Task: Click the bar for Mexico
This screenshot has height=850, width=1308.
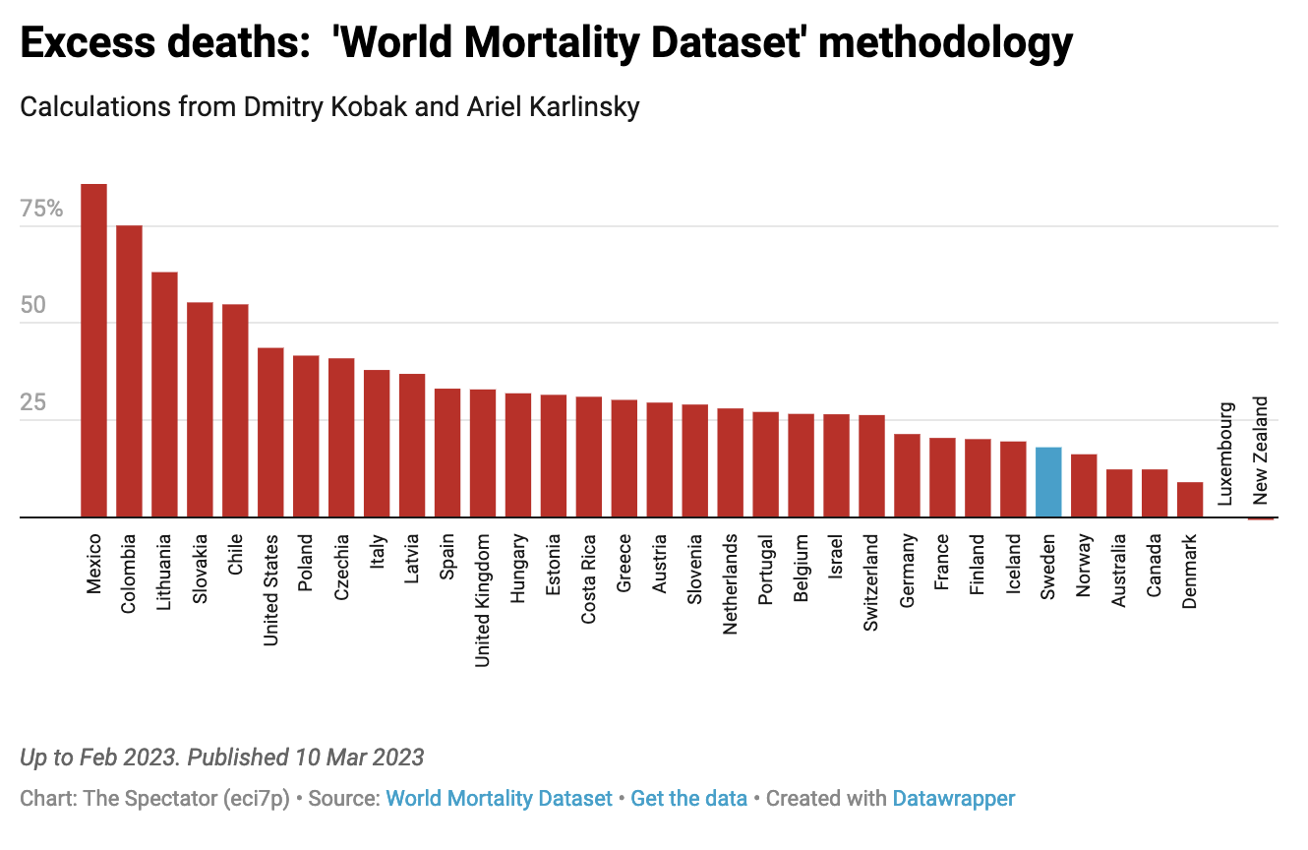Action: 93,350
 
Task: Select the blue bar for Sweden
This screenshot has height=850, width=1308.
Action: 1048,482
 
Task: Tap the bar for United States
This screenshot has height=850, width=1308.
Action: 270,432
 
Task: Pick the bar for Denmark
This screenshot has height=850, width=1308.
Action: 1190,499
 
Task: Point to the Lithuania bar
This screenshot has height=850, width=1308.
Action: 164,395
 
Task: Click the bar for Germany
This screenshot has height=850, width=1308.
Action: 907,475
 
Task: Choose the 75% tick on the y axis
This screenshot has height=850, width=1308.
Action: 41,210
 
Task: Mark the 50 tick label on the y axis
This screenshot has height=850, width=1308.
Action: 33,306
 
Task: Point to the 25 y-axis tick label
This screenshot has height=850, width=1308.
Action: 33,402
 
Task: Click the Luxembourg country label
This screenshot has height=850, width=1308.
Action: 1225,453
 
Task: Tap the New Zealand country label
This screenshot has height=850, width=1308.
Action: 1261,450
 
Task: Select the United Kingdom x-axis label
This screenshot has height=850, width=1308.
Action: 483,600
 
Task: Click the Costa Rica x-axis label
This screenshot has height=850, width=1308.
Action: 589,579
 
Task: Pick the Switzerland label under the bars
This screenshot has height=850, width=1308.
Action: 871,583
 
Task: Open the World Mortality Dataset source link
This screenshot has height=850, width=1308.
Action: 499,799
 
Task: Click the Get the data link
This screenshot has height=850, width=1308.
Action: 688,799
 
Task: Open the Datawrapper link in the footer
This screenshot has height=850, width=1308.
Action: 953,799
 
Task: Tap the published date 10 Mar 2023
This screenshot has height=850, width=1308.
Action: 358,758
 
